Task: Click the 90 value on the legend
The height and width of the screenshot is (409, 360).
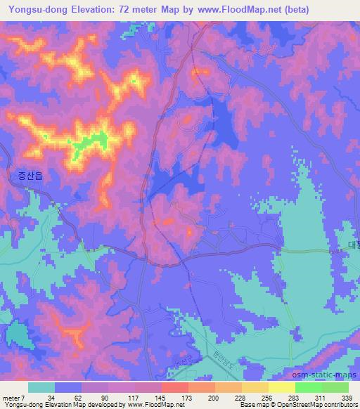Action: (104, 396)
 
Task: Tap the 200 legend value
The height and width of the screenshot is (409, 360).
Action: (214, 396)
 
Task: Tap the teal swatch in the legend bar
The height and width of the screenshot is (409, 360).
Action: (41, 387)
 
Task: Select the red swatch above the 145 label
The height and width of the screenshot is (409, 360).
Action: (174, 387)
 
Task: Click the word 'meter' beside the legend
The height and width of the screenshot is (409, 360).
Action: (11, 396)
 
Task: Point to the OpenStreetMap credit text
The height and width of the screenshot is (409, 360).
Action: (310, 405)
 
